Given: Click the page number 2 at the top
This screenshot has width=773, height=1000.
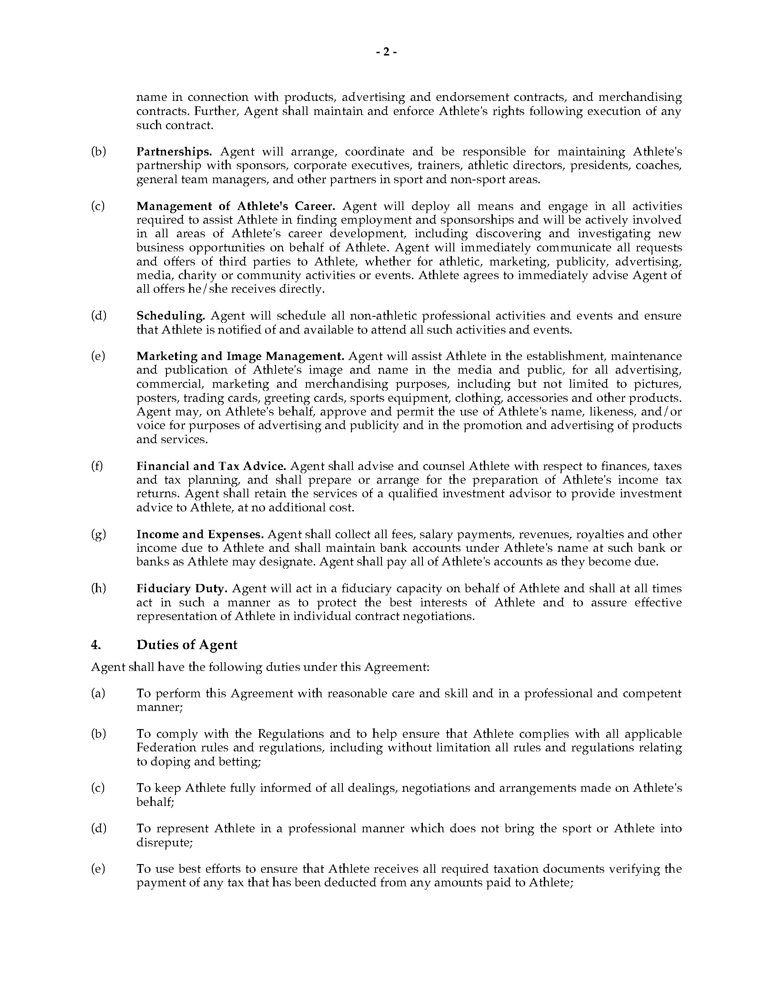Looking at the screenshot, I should pyautogui.click(x=386, y=52).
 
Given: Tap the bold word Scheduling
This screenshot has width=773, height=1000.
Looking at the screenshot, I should pyautogui.click(x=171, y=315).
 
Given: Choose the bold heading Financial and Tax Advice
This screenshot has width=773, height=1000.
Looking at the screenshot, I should pyautogui.click(x=211, y=466).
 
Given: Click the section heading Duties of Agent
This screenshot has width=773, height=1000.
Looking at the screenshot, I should pyautogui.click(x=187, y=645).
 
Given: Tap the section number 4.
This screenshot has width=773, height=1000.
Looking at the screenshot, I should pyautogui.click(x=95, y=645).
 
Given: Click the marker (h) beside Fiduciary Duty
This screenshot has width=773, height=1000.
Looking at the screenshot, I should pyautogui.click(x=99, y=588).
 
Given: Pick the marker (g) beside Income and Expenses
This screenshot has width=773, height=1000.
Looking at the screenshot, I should pyautogui.click(x=99, y=535).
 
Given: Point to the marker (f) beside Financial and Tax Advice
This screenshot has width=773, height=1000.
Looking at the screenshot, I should pyautogui.click(x=97, y=466).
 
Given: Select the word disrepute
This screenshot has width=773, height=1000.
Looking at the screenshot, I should pyautogui.click(x=163, y=842).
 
